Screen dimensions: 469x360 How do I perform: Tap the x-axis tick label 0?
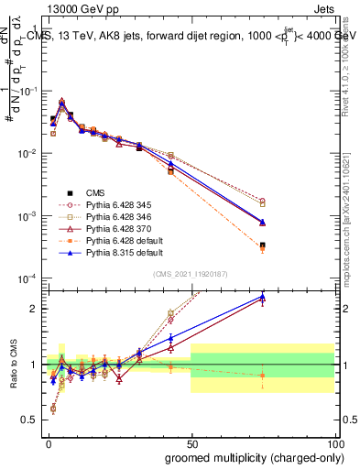48,442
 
